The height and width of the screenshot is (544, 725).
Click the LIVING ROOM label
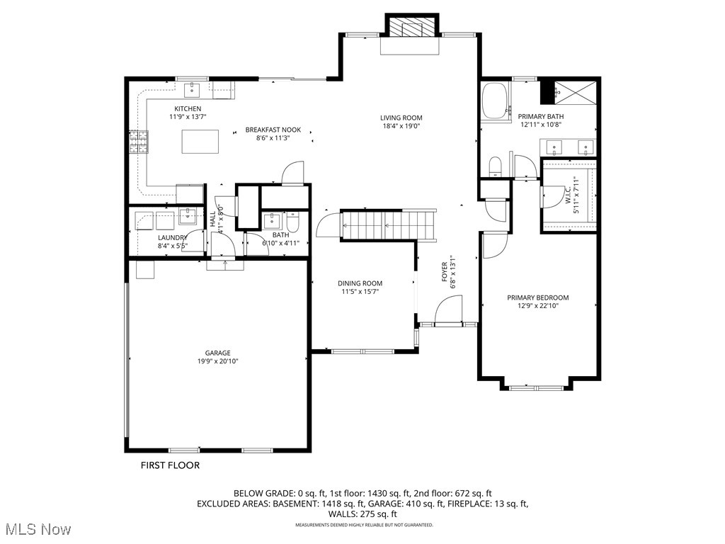point(401,118)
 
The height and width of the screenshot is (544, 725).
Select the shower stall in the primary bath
point(575,92)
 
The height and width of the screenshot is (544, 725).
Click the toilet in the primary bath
point(496,166)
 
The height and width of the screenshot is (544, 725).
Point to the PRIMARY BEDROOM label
point(537,297)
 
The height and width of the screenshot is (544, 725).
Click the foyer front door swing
point(447,310)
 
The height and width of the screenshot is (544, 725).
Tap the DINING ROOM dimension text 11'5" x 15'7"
point(360,291)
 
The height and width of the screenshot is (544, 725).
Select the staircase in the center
point(386,225)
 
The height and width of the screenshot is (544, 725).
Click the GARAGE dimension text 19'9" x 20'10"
point(218,361)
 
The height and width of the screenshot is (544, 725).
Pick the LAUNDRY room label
point(172,237)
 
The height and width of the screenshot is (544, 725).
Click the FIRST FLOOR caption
point(170,465)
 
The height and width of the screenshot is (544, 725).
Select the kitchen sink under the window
point(193,89)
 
